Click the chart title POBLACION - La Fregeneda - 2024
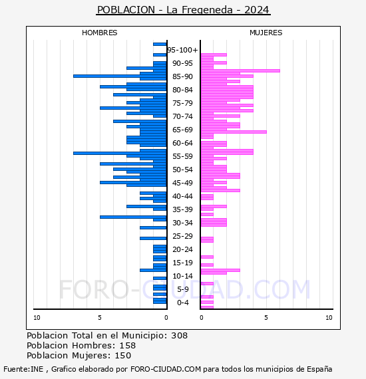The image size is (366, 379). coord(183,10)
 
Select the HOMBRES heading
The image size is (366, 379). coord(99,33)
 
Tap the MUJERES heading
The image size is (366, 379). coord(266,33)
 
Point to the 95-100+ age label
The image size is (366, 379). coord(182,50)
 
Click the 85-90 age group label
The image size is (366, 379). coord(182,76)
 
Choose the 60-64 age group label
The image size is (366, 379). coord(182,143)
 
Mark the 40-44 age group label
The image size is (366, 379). coord(182,196)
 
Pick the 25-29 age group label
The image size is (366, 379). coord(182,236)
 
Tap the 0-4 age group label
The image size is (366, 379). coord(182,303)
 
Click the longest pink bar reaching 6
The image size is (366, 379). coord(240,71)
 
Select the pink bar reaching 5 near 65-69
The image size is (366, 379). coord(234,132)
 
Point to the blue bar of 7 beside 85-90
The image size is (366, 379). coord(120,76)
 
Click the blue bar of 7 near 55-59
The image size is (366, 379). coord(120,153)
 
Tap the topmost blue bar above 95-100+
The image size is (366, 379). coord(160,45)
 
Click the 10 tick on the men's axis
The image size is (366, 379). coord(37,318)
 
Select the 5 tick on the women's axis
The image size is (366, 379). coord(266,318)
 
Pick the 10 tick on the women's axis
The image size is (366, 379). coord(329,318)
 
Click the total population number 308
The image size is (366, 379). coord(179,336)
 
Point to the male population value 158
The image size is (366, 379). coord(128,346)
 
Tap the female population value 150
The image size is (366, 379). coord(123,356)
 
